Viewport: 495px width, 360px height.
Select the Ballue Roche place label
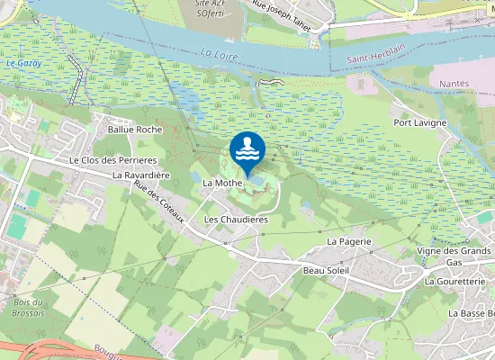coord(134,130)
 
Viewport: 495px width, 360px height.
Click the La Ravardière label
coord(142,175)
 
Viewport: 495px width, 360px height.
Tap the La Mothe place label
coord(220,183)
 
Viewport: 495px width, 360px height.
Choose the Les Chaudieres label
coord(237,219)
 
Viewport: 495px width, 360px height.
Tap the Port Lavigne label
coord(421,121)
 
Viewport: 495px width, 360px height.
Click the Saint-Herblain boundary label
coord(360,60)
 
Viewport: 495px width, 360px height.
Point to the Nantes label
coord(455,83)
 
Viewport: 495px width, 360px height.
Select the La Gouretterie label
coord(459,281)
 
